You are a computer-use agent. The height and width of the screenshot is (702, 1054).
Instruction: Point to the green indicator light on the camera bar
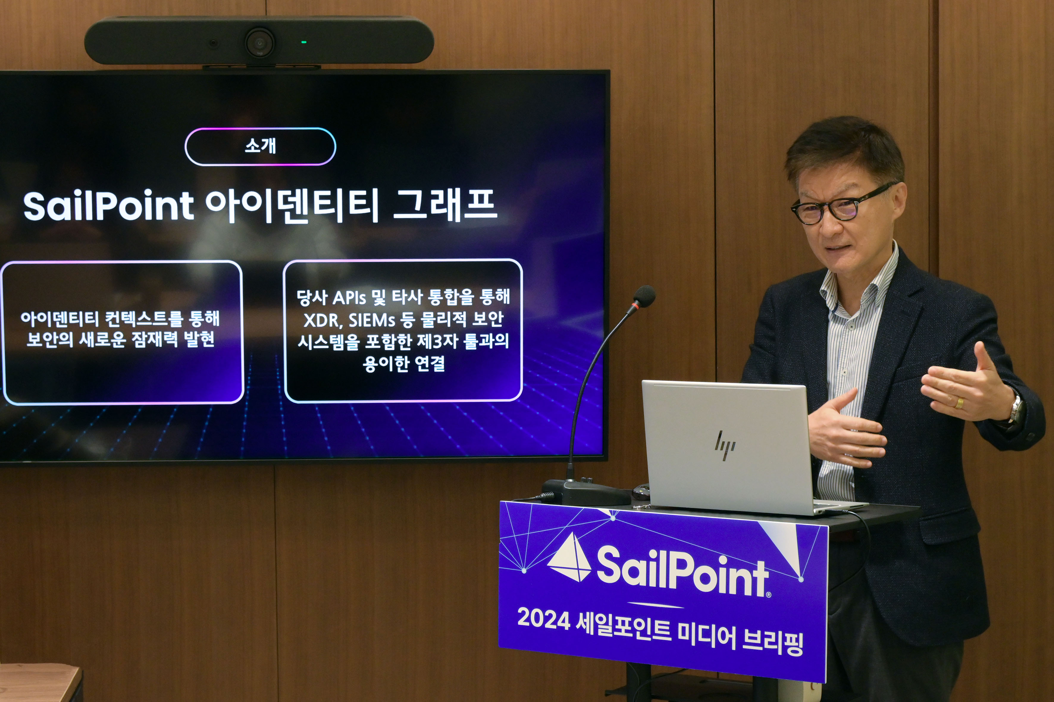304,42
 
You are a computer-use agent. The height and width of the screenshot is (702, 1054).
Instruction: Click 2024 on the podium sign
543,619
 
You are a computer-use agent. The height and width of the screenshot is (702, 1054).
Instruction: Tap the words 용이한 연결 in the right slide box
404,364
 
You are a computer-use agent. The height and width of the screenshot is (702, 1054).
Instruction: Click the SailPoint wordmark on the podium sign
682,573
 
